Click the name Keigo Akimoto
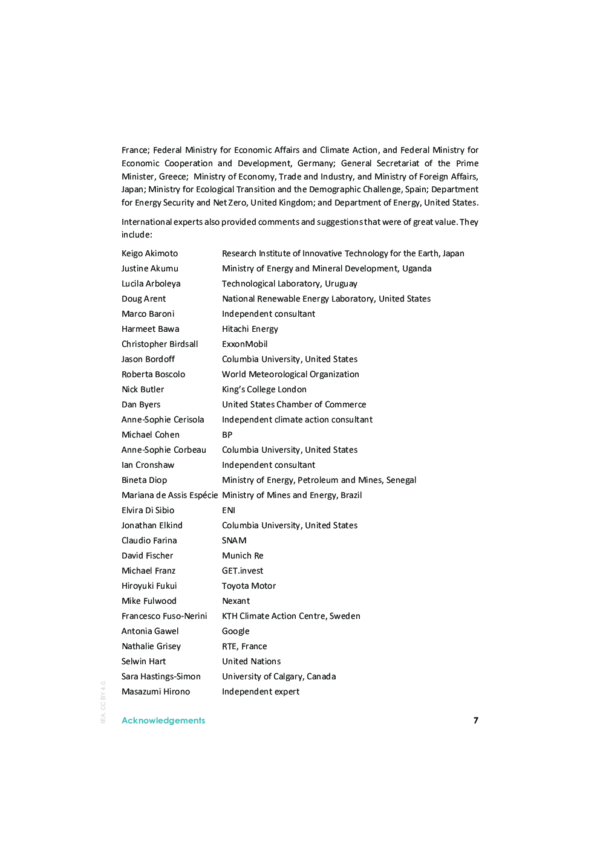point(149,253)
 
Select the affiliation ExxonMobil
point(244,344)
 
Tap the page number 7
point(476,720)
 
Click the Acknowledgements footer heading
point(163,720)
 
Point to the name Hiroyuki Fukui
point(149,586)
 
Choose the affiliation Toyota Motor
point(249,586)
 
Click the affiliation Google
point(235,631)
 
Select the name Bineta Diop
point(144,480)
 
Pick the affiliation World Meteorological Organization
point(290,374)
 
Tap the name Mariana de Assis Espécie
point(169,495)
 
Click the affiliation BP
point(227,435)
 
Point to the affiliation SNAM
point(234,540)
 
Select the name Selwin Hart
point(143,661)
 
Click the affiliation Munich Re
point(243,555)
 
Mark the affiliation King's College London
point(264,389)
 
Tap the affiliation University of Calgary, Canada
point(278,676)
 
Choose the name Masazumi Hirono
point(155,691)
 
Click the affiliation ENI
point(228,510)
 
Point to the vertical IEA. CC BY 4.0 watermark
point(103,702)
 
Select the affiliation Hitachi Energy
point(250,329)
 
